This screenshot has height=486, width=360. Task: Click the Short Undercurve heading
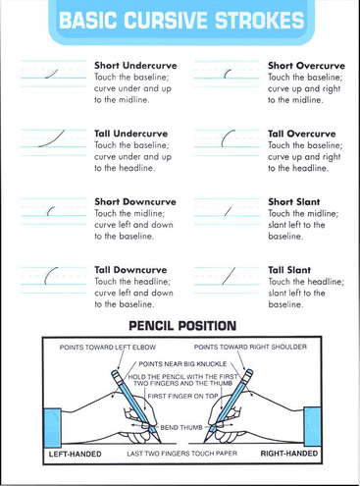point(135,66)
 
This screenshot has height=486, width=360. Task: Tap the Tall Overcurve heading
point(302,134)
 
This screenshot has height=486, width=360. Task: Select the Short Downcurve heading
point(135,201)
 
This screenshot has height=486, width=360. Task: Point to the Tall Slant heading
point(289,270)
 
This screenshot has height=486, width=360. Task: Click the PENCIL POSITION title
point(182,326)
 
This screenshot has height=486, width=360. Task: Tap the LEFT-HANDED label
point(75,454)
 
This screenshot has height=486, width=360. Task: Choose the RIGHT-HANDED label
point(289,454)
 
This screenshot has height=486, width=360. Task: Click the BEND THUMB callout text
point(181,427)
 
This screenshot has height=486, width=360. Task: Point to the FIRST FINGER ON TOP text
point(182,396)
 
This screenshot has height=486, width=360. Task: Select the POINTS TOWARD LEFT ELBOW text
point(108,347)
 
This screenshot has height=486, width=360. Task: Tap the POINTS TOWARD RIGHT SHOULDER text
point(250,347)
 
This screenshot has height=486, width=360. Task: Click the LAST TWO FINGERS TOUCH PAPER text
point(181,454)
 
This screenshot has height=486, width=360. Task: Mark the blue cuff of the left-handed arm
point(52,427)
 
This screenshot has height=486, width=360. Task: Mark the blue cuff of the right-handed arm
point(312,427)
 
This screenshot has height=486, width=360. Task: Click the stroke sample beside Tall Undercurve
point(52,139)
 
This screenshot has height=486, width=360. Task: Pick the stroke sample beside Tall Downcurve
point(48,274)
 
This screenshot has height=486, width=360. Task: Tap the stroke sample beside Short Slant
point(229,211)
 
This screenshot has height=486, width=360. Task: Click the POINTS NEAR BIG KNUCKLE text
point(182,364)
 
